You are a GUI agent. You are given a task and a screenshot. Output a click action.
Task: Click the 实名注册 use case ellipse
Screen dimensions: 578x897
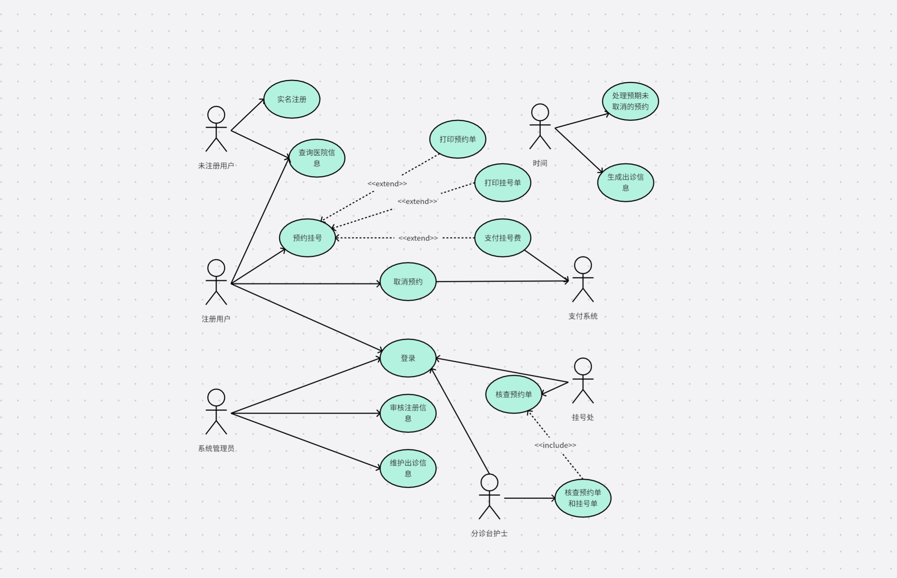(292, 99)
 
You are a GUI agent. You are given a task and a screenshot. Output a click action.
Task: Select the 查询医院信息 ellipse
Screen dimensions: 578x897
(317, 158)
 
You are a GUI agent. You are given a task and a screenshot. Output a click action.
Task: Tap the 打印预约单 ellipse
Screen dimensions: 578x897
(457, 139)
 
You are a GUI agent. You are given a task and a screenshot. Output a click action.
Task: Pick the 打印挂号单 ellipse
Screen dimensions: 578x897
(502, 183)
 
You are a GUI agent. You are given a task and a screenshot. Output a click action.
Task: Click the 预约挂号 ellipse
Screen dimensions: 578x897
(307, 238)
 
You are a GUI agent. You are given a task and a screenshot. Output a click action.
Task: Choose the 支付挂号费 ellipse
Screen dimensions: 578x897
(502, 238)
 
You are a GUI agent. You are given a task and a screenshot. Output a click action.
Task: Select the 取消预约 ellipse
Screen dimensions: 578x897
(408, 282)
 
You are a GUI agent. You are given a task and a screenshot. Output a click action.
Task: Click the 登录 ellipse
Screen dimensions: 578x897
(408, 358)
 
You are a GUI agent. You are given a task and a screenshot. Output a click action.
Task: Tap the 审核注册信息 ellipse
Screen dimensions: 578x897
(408, 413)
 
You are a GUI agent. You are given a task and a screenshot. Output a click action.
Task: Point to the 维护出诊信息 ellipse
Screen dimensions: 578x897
(408, 468)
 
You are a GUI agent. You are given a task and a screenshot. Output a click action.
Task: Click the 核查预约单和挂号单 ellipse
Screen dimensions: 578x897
(583, 498)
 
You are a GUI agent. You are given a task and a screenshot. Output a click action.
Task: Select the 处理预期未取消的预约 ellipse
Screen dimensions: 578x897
(630, 101)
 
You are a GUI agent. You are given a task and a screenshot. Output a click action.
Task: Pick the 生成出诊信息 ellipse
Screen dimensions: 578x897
(625, 183)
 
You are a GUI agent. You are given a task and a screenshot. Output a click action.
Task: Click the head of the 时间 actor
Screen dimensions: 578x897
(540, 112)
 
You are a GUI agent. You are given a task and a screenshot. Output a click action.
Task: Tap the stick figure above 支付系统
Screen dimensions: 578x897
(583, 279)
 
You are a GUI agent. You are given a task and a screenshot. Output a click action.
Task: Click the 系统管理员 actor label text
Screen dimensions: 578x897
(216, 448)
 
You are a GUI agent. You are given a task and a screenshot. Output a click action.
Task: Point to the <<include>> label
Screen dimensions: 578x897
(555, 445)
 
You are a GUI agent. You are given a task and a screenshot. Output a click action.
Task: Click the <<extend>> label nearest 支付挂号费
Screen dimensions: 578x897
(418, 238)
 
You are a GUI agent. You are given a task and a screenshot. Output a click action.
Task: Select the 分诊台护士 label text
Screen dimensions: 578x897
(489, 533)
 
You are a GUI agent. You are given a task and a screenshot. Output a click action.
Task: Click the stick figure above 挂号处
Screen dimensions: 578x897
(583, 381)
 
